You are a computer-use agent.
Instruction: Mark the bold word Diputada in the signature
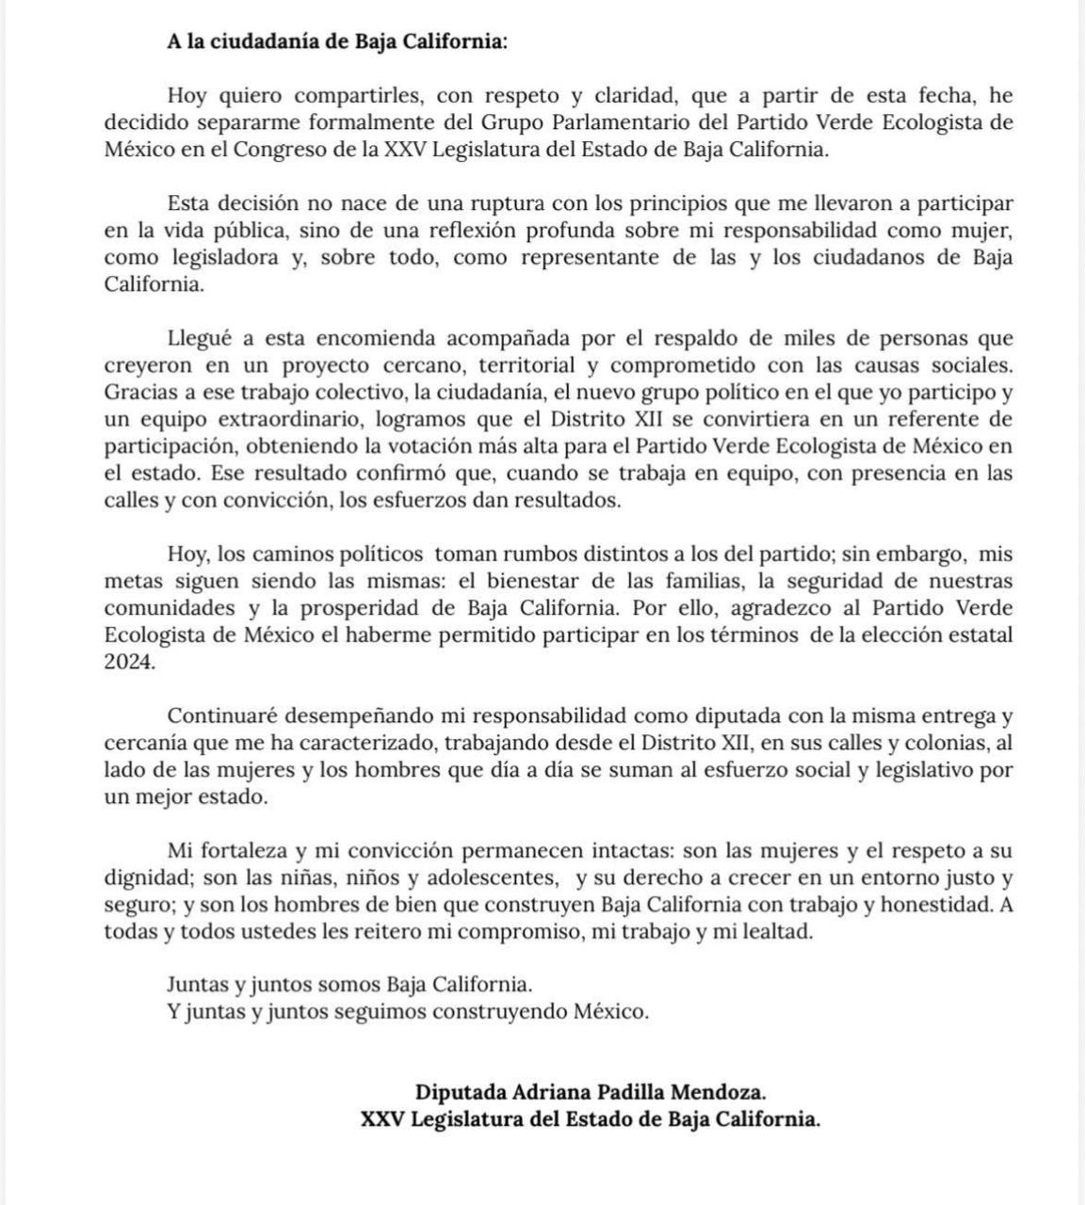[459, 1093]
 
